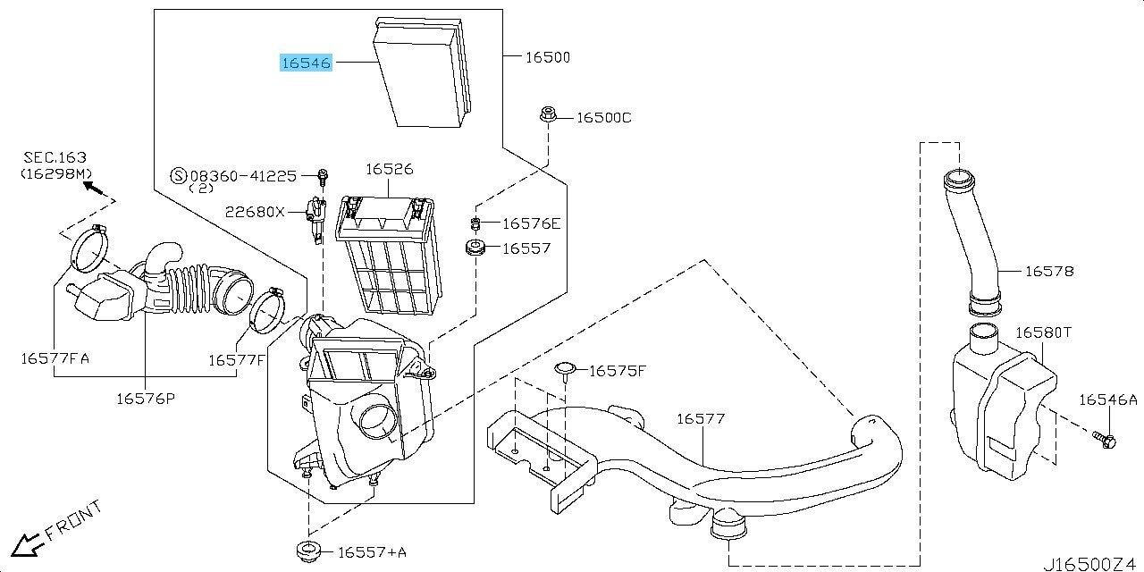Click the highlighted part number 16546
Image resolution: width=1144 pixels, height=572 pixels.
point(307,63)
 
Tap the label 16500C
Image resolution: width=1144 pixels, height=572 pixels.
point(603,118)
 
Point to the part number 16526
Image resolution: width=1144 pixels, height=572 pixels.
point(389,169)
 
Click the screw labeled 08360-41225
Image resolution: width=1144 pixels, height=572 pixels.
point(323,175)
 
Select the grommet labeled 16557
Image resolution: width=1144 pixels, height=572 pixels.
point(475,247)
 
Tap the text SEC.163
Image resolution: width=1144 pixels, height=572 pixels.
point(55,157)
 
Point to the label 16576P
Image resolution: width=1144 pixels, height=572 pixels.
point(145,399)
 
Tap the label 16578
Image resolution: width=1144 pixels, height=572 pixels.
point(1049,271)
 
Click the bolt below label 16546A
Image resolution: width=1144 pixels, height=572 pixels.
point(1105,440)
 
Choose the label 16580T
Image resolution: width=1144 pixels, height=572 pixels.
point(1043,332)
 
